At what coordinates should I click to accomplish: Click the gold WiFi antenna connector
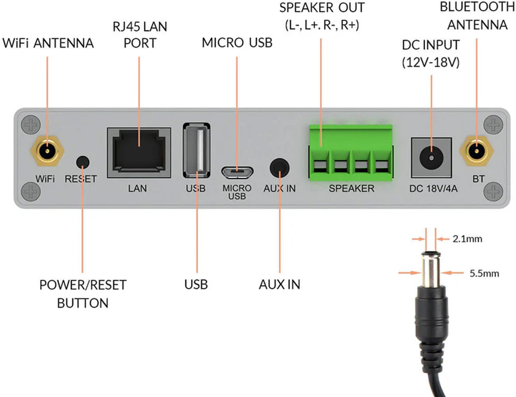tap(47, 151)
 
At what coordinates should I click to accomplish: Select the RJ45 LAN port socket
tap(139, 150)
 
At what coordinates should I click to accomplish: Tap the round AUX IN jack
tap(279, 167)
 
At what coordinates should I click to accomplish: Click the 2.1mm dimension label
tap(467, 239)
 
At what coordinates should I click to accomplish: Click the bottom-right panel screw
tap(492, 192)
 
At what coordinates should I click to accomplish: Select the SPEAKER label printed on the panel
tap(351, 189)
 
